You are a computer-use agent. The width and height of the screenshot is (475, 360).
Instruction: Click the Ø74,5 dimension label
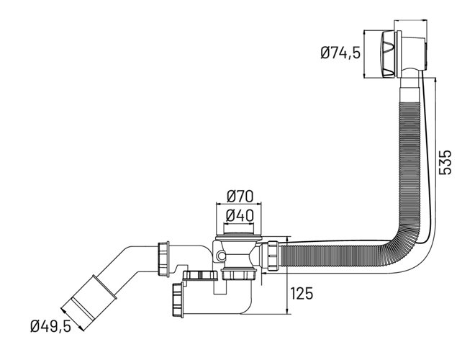point(340,53)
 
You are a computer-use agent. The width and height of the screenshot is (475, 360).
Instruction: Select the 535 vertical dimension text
point(445,162)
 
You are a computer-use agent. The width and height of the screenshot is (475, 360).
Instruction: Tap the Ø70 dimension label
point(240,197)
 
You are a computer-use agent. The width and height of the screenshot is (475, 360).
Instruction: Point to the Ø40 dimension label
point(240,216)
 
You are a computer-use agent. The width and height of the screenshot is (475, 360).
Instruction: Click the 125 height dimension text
point(302,293)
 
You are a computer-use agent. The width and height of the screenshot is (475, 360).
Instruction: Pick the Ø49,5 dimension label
point(50,326)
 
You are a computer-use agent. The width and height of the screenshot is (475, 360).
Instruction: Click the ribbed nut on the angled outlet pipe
point(163,259)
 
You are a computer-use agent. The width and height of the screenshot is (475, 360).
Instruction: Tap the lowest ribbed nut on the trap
point(178,300)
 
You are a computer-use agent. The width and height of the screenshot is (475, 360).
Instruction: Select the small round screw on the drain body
point(222,256)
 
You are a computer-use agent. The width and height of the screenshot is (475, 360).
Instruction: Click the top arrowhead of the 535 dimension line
point(435,80)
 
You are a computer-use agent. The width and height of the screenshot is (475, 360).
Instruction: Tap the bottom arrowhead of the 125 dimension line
point(287,312)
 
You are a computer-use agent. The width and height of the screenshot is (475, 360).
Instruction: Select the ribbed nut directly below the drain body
point(239,274)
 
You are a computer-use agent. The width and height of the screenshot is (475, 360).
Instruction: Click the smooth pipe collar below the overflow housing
point(410,90)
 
